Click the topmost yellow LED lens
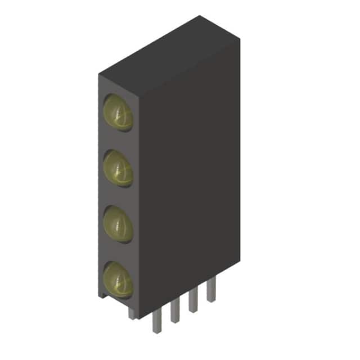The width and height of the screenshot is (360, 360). point(118,112)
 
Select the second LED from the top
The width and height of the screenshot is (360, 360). point(118,168)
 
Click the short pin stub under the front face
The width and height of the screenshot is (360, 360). point(132,312)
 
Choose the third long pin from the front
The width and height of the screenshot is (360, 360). point(193,301)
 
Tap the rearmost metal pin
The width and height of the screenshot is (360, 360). point(211,291)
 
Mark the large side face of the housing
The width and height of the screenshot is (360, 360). point(188,180)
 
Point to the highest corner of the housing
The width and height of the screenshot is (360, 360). point(200,16)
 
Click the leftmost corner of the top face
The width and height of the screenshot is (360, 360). point(99,74)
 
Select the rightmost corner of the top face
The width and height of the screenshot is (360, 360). point(240,38)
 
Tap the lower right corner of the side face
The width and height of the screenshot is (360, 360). point(239,266)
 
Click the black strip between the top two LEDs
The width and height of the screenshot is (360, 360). point(118,141)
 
